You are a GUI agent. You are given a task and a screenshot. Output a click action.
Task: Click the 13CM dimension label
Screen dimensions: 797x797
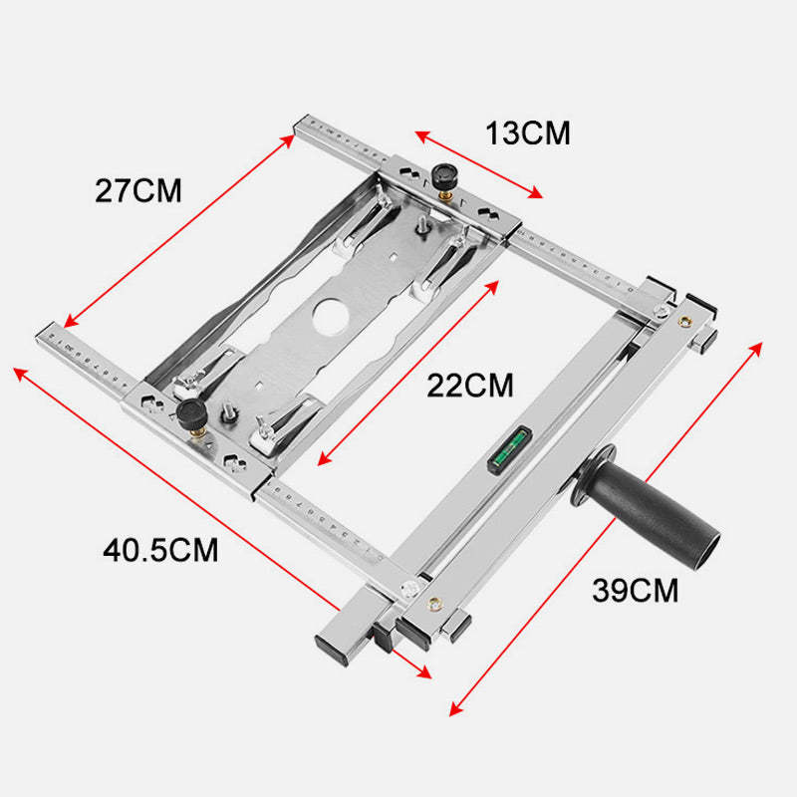point(528,133)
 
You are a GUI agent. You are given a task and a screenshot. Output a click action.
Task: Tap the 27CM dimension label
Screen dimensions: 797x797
point(138,190)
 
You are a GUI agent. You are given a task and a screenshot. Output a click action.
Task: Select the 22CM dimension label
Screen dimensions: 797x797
point(470,386)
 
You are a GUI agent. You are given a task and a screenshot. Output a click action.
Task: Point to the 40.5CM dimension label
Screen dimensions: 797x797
point(160,550)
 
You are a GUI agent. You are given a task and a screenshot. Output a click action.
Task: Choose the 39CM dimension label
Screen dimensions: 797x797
point(636,590)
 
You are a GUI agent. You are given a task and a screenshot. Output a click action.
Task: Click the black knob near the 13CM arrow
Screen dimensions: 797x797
point(443,176)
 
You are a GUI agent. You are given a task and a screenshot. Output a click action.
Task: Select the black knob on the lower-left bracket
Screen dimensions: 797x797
point(191,412)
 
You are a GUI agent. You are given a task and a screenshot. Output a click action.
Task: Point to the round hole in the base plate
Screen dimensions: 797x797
point(331,316)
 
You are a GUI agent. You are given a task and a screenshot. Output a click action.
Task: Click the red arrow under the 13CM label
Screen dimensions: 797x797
point(479,164)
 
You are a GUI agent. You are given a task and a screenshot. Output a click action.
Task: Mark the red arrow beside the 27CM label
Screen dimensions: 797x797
point(179,231)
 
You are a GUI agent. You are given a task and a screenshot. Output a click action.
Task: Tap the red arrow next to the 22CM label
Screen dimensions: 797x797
point(407,373)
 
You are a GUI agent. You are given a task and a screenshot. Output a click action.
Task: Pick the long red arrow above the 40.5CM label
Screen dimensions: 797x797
point(176,488)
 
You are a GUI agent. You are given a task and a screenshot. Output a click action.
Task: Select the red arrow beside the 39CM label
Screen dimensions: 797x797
point(606,529)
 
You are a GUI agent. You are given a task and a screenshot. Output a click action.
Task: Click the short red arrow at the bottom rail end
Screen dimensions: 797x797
point(410,664)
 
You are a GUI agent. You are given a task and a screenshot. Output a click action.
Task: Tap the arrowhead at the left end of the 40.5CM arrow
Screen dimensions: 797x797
point(19,373)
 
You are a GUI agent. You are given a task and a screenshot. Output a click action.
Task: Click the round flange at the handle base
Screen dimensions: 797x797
point(591,476)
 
